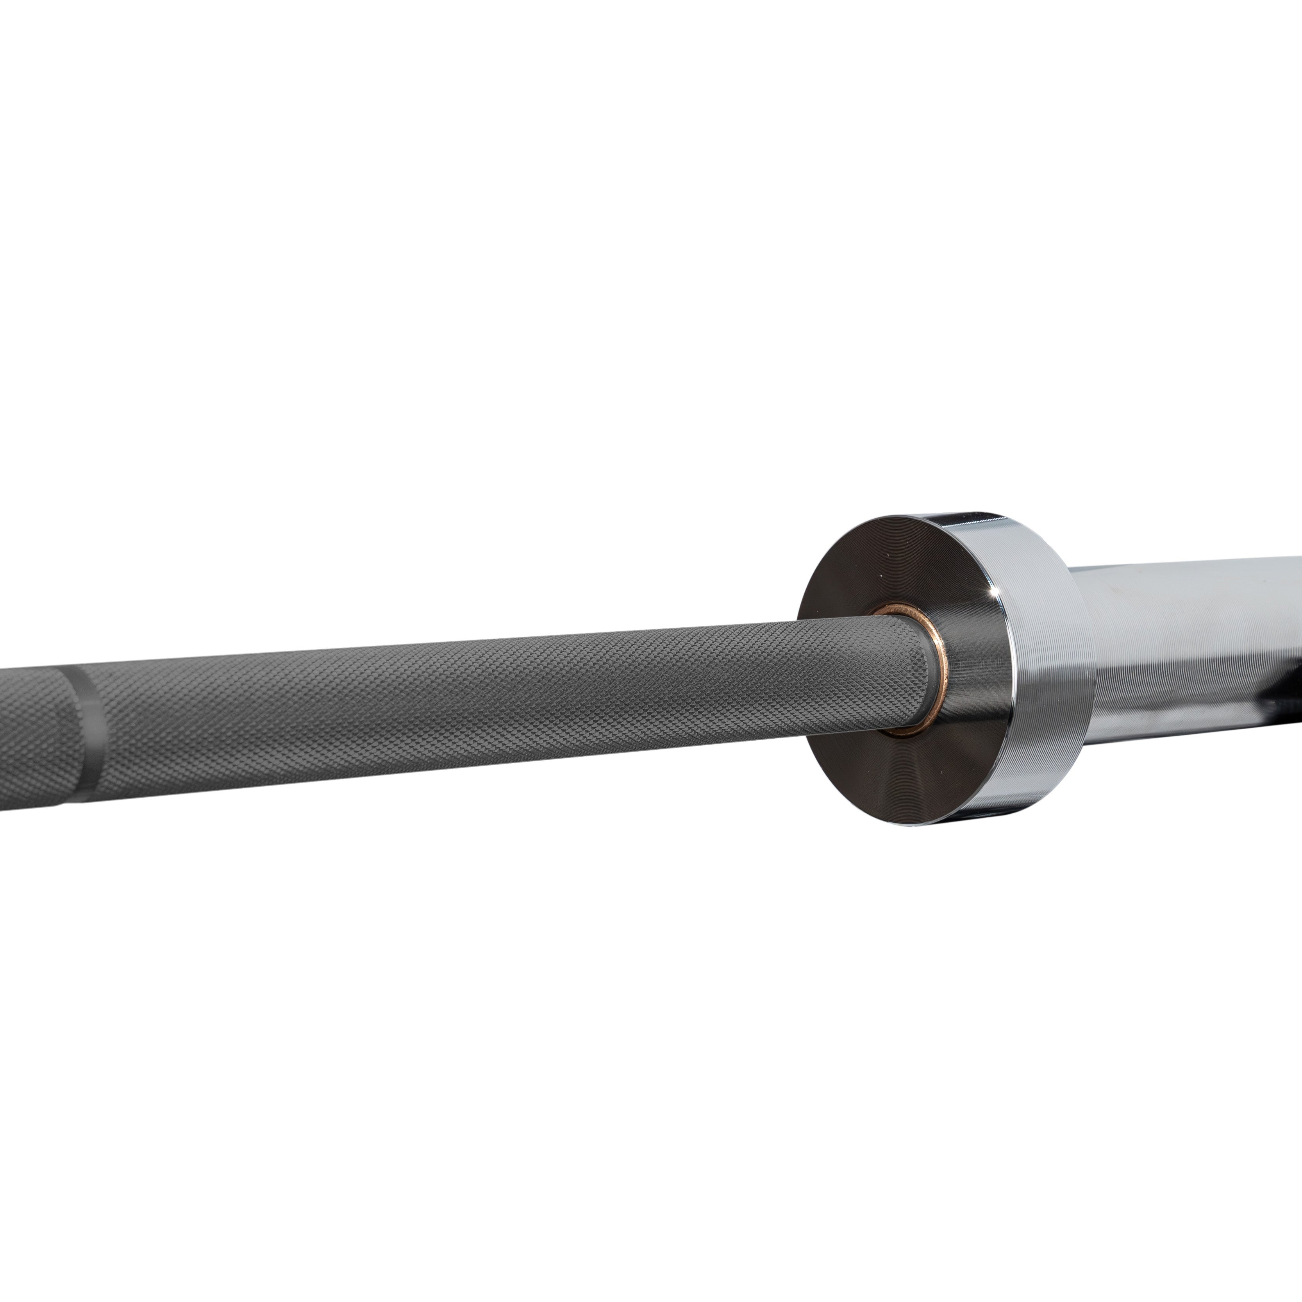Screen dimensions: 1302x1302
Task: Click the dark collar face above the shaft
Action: tap(896, 566)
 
